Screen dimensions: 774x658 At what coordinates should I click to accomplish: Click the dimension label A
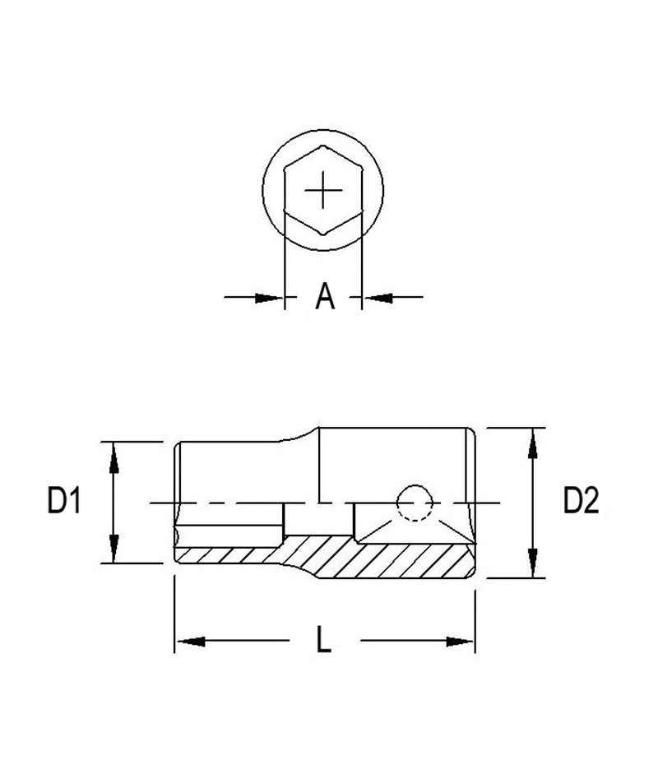(x=326, y=297)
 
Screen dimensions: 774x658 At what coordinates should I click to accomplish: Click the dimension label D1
(x=63, y=501)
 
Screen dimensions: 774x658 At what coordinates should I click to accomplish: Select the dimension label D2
(x=581, y=501)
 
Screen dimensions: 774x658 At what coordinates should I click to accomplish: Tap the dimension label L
(x=324, y=641)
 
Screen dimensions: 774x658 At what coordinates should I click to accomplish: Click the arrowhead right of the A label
(x=377, y=297)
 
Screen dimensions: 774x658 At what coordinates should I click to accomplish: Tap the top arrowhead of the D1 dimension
(x=114, y=454)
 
